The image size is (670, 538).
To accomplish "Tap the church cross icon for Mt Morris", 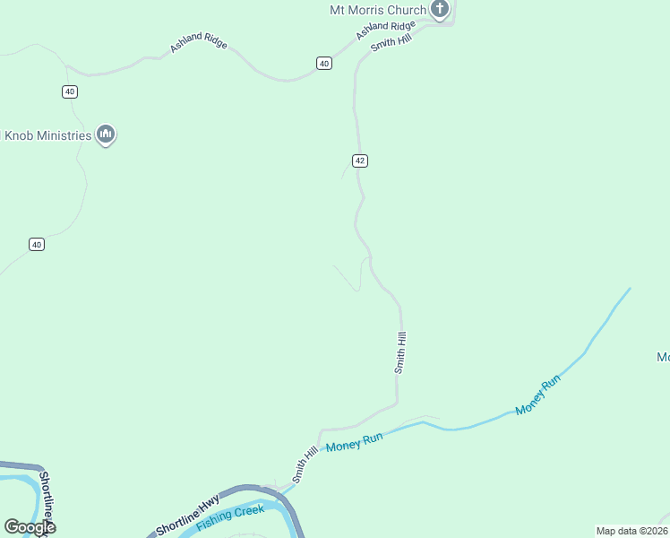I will coord(439,10).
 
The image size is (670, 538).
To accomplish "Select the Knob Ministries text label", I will coord(48,135).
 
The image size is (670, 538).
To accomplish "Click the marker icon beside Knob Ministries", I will coord(107,134).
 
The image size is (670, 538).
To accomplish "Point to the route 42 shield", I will coord(360,161).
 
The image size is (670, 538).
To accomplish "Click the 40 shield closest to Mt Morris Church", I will coord(324,63).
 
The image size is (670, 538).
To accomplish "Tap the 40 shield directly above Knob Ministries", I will coord(70,91).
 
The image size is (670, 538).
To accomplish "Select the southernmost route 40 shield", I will coord(36,244).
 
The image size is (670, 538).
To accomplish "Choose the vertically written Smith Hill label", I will coord(401,352).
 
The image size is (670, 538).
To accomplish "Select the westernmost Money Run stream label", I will coord(355,442).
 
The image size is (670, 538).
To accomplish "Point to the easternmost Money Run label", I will coord(538,394).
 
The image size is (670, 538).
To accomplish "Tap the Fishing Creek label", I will coord(230,517).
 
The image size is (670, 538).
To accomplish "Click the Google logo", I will coord(30,527).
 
